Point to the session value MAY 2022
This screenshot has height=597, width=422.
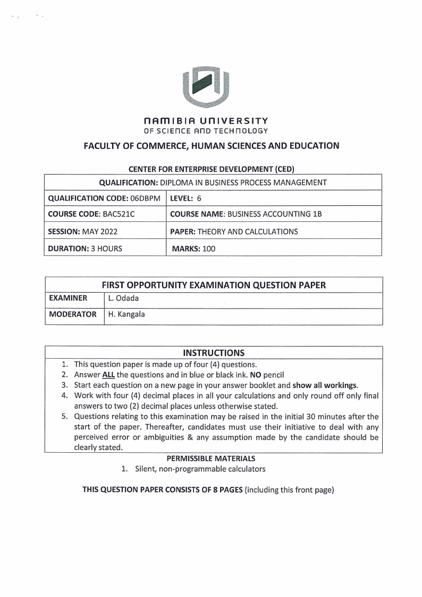pyautogui.click(x=100, y=231)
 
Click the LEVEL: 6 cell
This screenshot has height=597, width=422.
pyautogui.click(x=185, y=198)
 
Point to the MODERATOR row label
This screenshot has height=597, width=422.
pyautogui.click(x=73, y=315)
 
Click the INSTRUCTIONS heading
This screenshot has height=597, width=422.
pyautogui.click(x=214, y=353)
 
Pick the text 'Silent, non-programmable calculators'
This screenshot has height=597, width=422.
pyautogui.click(x=200, y=469)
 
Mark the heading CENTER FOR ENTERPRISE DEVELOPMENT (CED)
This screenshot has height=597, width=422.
pyautogui.click(x=212, y=169)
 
